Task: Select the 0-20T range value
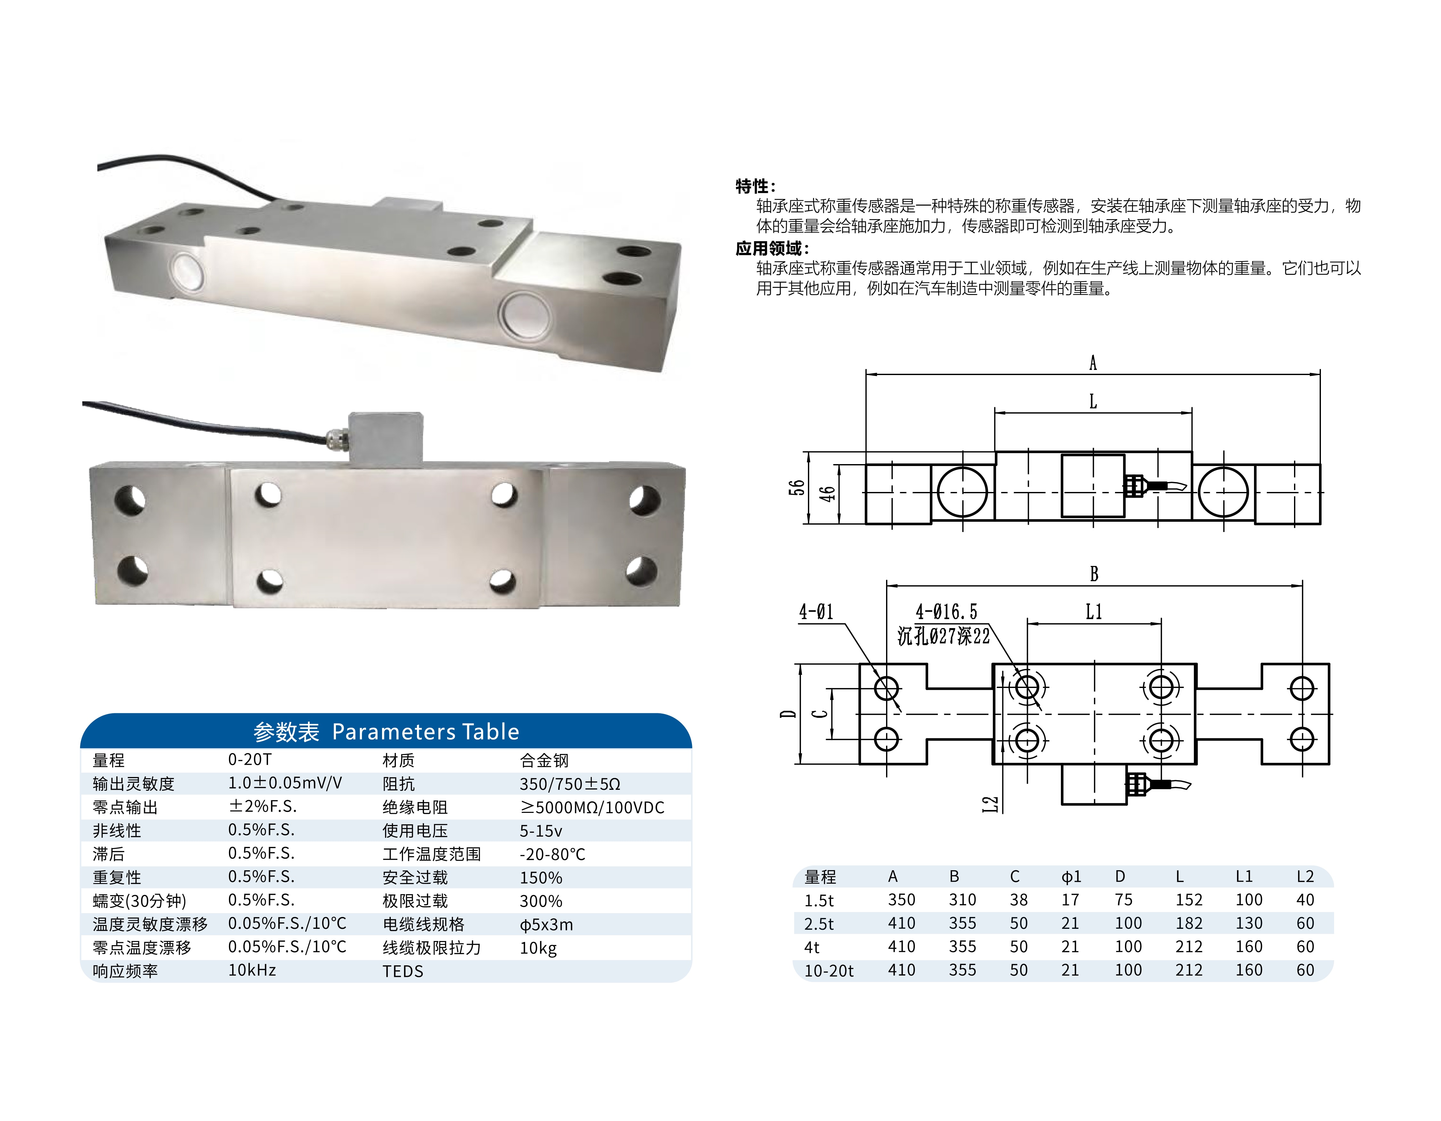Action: (x=249, y=759)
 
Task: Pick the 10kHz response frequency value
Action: (x=252, y=970)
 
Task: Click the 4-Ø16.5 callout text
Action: (x=946, y=612)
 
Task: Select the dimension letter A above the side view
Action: (x=1093, y=363)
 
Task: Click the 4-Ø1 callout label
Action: (x=816, y=612)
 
